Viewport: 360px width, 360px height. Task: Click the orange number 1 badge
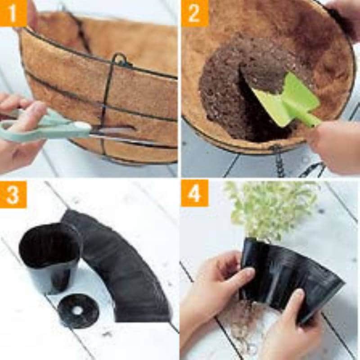tap(13, 13)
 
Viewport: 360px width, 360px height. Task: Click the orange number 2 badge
tap(195, 13)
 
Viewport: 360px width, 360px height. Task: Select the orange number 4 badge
tap(195, 193)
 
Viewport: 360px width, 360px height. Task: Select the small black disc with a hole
tap(78, 310)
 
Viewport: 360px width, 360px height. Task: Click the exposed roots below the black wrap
tap(243, 321)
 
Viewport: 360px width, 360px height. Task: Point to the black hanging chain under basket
tap(279, 161)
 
